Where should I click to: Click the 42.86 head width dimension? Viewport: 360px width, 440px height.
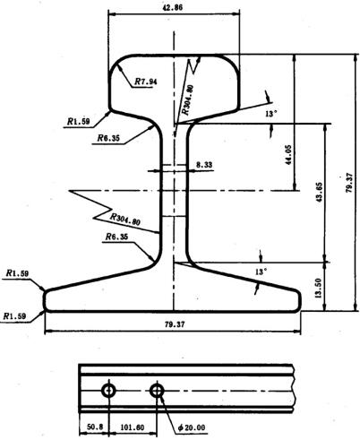pyautogui.click(x=173, y=7)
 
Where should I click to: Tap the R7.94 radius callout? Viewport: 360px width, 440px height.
pyautogui.click(x=145, y=82)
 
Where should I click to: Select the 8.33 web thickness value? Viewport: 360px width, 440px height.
pyautogui.click(x=204, y=165)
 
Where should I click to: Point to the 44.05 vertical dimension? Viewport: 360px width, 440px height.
pyautogui.click(x=287, y=155)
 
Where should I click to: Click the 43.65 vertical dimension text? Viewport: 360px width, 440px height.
pyautogui.click(x=319, y=193)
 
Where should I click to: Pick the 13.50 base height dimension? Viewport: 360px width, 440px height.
pyautogui.click(x=318, y=289)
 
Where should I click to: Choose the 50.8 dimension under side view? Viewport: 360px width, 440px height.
pyautogui.click(x=95, y=427)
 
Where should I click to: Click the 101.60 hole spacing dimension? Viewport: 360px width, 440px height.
pyautogui.click(x=133, y=427)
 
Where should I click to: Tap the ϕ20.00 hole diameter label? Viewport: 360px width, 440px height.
pyautogui.click(x=192, y=427)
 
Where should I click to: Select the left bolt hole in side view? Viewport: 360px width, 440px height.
pyautogui.click(x=108, y=391)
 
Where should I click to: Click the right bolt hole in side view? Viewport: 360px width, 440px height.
pyautogui.click(x=157, y=391)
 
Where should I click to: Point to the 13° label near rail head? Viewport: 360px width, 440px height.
pyautogui.click(x=271, y=114)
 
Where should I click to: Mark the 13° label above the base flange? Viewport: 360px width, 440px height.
pyautogui.click(x=261, y=272)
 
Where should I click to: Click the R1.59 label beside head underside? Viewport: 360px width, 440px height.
pyautogui.click(x=78, y=122)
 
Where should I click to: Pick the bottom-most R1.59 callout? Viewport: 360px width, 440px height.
pyautogui.click(x=14, y=316)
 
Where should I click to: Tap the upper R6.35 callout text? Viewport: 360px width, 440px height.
pyautogui.click(x=108, y=138)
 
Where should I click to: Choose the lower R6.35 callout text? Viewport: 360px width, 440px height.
pyautogui.click(x=116, y=237)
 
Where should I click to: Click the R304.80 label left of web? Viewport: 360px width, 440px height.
pyautogui.click(x=125, y=220)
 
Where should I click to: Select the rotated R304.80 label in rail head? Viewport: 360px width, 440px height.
pyautogui.click(x=188, y=100)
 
